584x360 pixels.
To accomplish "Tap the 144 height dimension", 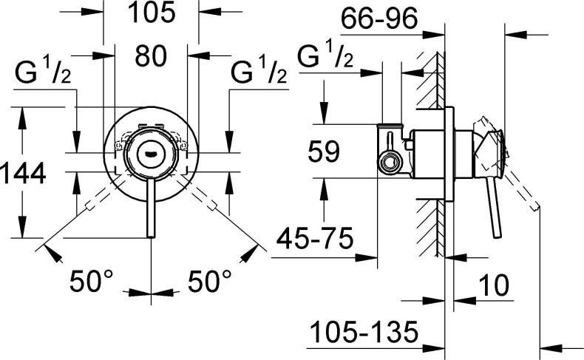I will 23,174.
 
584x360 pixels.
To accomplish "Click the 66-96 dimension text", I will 380,16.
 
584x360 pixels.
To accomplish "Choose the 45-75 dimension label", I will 313,238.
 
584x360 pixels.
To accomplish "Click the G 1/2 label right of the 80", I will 259,73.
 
